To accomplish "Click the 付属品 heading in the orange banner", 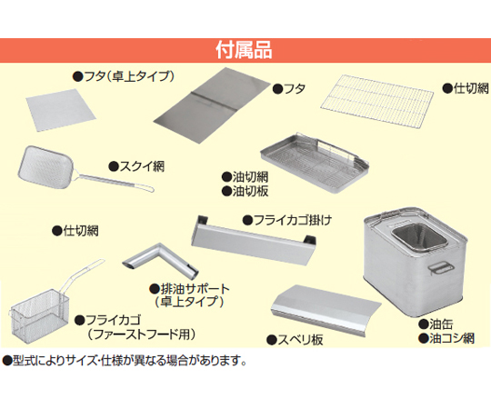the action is tap(244, 50).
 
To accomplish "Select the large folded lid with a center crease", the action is tap(212, 105).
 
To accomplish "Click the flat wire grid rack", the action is tap(376, 98).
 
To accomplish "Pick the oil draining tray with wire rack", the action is tap(315, 163).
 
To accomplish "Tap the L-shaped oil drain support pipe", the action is tap(160, 261).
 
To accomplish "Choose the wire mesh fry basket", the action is tap(40, 313).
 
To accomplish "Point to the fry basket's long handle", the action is tap(85, 274).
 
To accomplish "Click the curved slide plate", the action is tap(326, 311).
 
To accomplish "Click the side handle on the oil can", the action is tap(442, 268).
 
